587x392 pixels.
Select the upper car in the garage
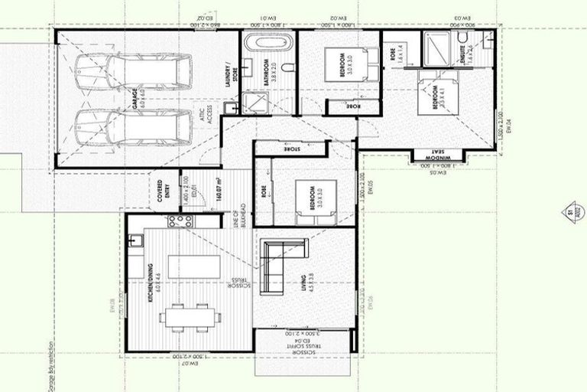144,71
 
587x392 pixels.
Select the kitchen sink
137,242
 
